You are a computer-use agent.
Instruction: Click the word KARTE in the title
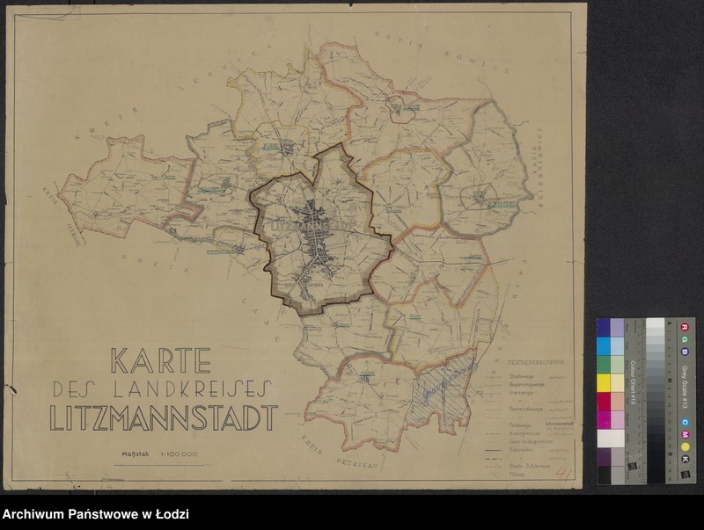[x=160, y=360]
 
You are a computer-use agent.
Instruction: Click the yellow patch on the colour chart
[x=604, y=382]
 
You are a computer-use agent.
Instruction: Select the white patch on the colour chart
[x=604, y=438]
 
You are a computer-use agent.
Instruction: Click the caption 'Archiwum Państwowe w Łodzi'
[x=95, y=515]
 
